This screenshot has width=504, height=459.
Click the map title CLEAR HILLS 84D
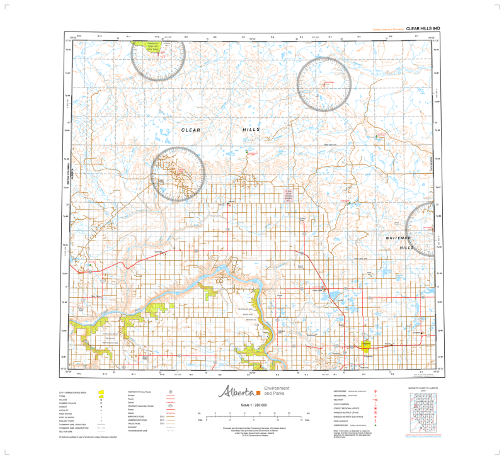(423, 28)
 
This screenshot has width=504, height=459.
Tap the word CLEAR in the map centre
(190, 130)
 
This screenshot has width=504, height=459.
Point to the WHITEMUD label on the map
(399, 238)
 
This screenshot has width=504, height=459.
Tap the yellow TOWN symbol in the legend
(101, 396)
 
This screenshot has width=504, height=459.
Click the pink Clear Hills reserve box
(289, 191)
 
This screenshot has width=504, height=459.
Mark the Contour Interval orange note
(387, 29)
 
